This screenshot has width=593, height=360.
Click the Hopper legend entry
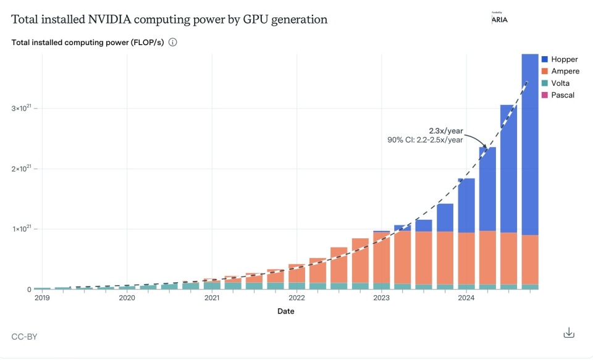pyautogui.click(x=559, y=59)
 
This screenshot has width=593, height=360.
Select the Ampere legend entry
pyautogui.click(x=560, y=71)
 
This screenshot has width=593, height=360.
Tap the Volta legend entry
pyautogui.click(x=556, y=83)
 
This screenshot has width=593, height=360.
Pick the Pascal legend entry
pyautogui.click(x=558, y=95)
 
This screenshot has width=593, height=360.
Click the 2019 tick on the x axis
pyautogui.click(x=42, y=298)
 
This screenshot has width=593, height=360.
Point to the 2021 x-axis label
pyautogui.click(x=212, y=298)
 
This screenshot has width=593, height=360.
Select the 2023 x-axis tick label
pyautogui.click(x=381, y=298)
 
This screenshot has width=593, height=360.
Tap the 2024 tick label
pyautogui.click(x=466, y=298)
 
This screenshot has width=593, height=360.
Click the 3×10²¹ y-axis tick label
pyautogui.click(x=22, y=109)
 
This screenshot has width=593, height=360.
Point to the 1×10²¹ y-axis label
pyautogui.click(x=22, y=229)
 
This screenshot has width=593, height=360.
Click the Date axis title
pyautogui.click(x=285, y=311)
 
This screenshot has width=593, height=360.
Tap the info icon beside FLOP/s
pyautogui.click(x=173, y=43)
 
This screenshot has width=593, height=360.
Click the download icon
pyautogui.click(x=569, y=333)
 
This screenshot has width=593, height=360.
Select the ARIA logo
pyautogui.click(x=499, y=19)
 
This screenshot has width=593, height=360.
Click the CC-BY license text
pyautogui.click(x=25, y=337)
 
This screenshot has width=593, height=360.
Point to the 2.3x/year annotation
pyautogui.click(x=446, y=130)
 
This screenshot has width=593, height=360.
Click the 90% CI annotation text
pyautogui.click(x=425, y=140)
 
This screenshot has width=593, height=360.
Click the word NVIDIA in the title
pyautogui.click(x=108, y=20)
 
